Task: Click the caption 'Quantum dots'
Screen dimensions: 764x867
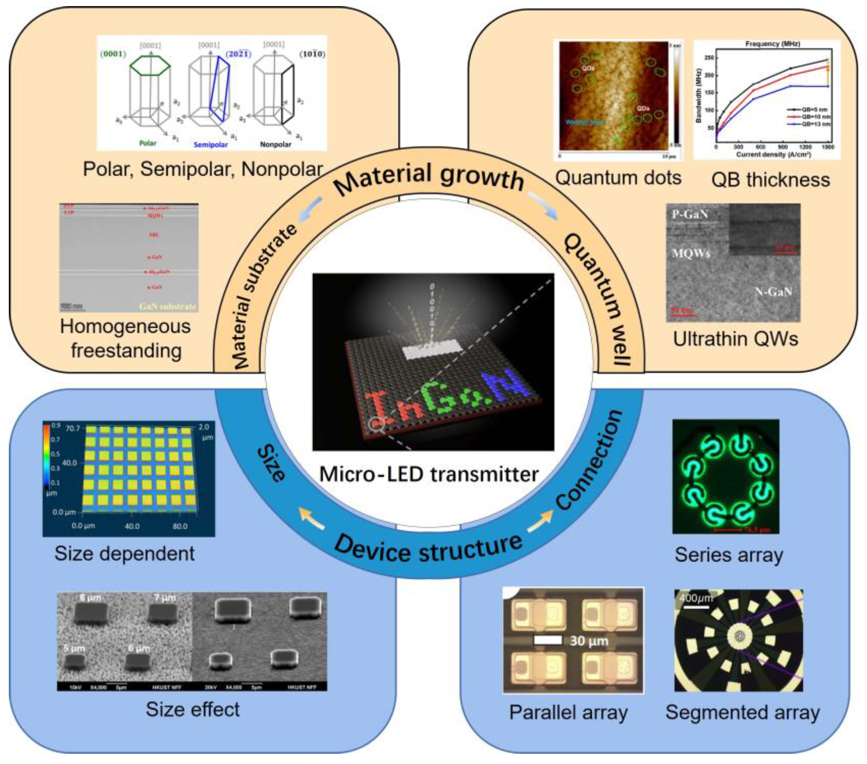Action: tap(618, 178)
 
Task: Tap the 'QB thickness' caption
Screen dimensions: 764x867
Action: tap(770, 180)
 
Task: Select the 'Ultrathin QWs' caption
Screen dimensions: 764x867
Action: tap(736, 339)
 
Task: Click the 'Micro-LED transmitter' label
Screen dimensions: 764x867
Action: tap(429, 474)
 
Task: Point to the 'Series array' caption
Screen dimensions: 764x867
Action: tap(729, 555)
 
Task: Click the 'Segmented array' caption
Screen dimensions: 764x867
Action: tap(742, 713)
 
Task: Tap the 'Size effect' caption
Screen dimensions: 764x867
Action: tap(193, 710)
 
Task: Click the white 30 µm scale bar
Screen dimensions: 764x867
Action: tap(547, 640)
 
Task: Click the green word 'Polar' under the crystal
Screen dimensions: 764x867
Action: tap(148, 143)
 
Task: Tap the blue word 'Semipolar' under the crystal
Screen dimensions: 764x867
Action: tap(211, 145)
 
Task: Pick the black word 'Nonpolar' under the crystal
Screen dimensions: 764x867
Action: tap(275, 144)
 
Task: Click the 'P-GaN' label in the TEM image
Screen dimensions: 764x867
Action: tap(690, 214)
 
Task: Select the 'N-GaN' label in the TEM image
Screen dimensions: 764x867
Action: tap(773, 292)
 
